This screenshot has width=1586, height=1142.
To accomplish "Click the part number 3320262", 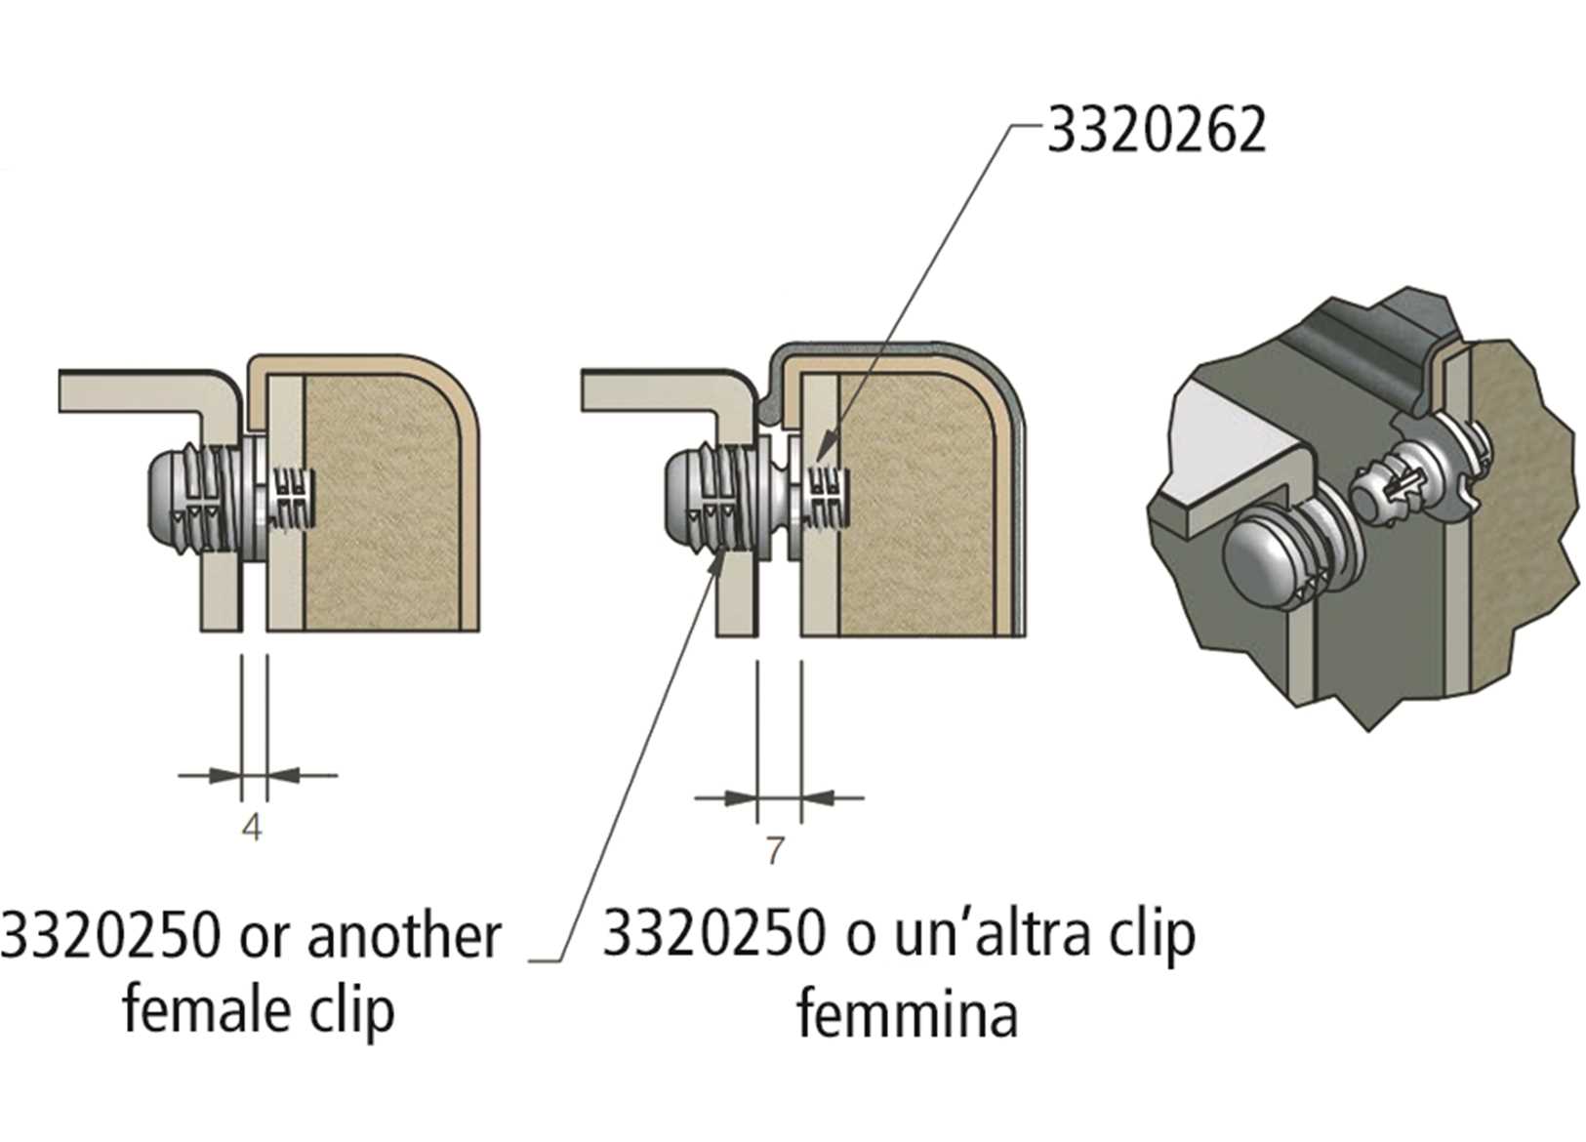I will click(x=1157, y=131).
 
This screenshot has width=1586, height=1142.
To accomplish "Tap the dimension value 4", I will click(x=252, y=828).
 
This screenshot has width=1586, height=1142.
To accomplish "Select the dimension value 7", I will click(x=774, y=851).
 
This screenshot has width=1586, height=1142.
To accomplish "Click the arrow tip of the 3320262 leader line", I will click(x=817, y=459).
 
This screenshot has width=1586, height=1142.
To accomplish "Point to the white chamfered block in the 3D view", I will click(x=1235, y=439).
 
